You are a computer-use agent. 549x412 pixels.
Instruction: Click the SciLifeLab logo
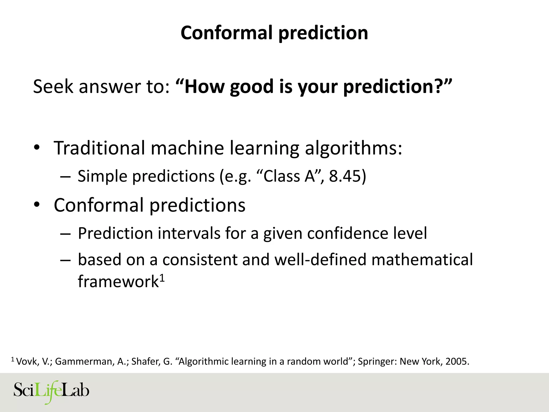[x=51, y=392]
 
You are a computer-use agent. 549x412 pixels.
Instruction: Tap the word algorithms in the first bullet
[x=353, y=148]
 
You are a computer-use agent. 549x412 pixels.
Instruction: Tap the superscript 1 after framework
[x=162, y=279]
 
